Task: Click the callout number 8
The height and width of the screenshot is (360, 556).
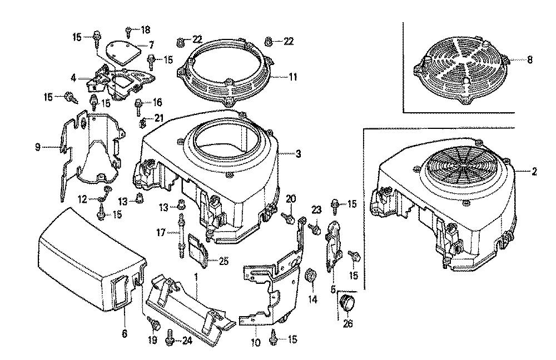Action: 529,60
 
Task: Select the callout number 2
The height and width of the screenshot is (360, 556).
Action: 534,172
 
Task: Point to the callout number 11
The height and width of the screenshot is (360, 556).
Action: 292,77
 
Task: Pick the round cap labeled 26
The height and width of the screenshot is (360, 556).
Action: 348,304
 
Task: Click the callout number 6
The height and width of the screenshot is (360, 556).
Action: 123,333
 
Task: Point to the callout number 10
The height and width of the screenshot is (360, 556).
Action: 255,343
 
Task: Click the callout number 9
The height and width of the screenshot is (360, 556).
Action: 37,148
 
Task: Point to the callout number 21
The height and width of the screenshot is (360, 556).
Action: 159,118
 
